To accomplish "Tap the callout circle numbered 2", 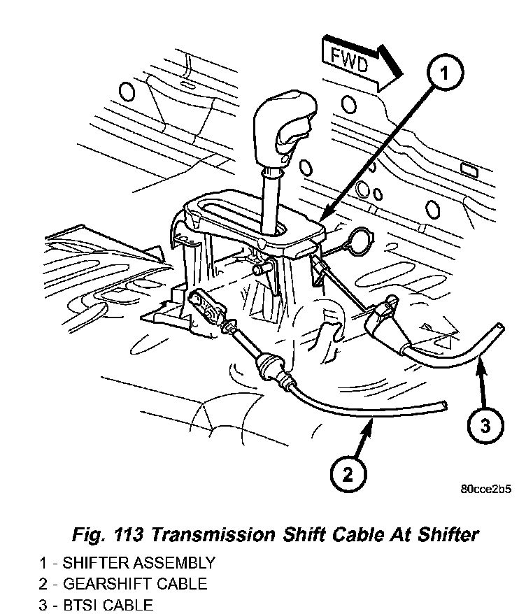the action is [x=348, y=475].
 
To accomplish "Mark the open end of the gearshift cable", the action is [x=444, y=405].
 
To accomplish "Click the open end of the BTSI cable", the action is [x=499, y=327].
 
